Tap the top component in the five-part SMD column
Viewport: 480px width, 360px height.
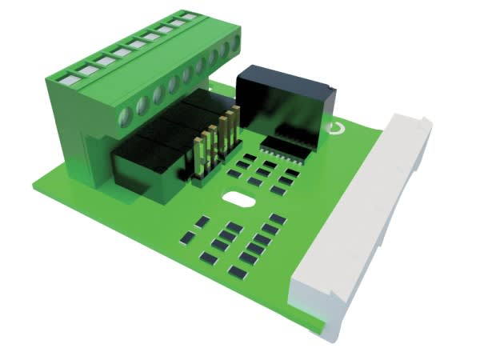coord(278,218)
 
